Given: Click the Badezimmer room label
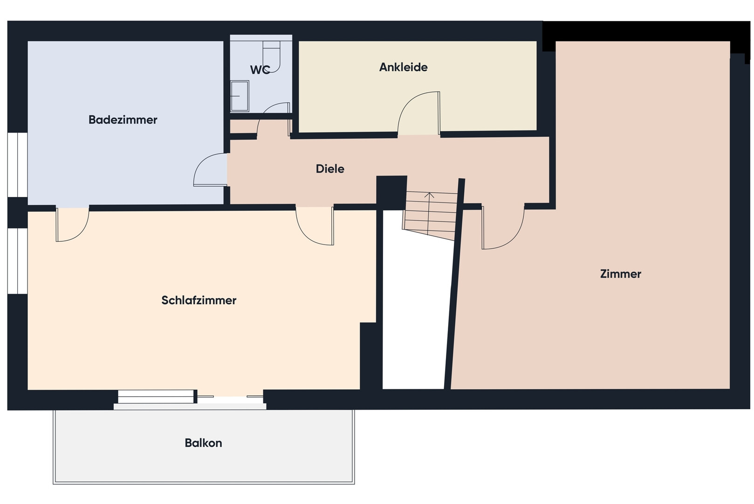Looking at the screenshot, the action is [x=123, y=119].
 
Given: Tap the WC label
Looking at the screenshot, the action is [x=260, y=70].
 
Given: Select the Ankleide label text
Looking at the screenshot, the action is [x=403, y=67].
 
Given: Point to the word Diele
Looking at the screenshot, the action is [x=330, y=169].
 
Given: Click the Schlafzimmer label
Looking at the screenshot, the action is [x=199, y=300].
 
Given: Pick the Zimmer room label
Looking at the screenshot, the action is [x=620, y=274].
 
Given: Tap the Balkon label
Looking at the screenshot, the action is [x=203, y=443].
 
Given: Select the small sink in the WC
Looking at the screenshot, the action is [x=240, y=96].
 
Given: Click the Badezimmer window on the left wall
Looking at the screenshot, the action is [x=18, y=165].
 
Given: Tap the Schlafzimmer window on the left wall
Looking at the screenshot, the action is [x=18, y=261].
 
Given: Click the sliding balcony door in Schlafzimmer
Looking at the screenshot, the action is [x=190, y=397].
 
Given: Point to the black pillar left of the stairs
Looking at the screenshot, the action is [x=391, y=192].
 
